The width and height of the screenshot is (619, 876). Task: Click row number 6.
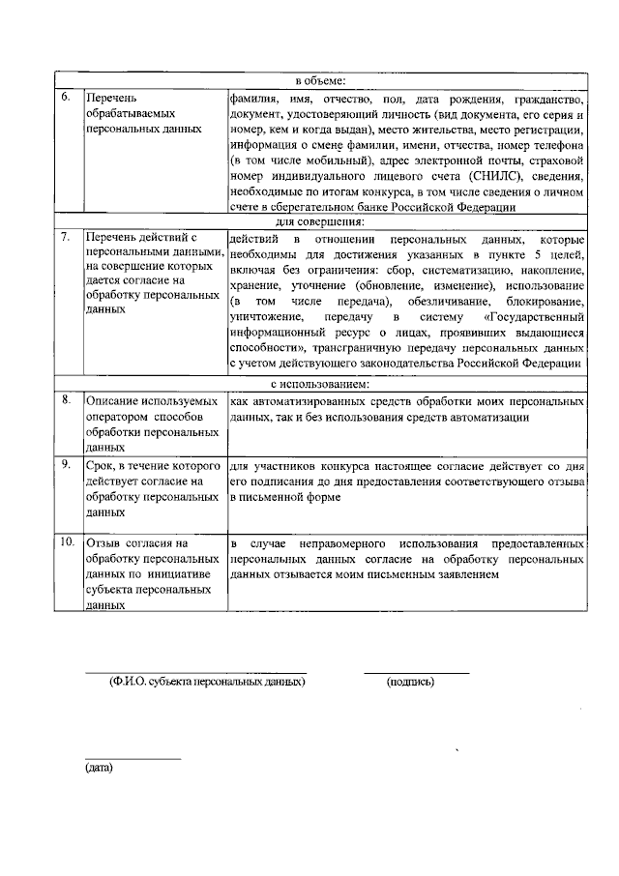point(65,99)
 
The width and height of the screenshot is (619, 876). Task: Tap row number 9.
point(65,465)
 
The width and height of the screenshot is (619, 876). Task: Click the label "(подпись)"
point(410,682)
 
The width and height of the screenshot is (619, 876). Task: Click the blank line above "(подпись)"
point(416,672)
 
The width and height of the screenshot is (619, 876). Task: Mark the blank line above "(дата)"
point(133,759)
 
